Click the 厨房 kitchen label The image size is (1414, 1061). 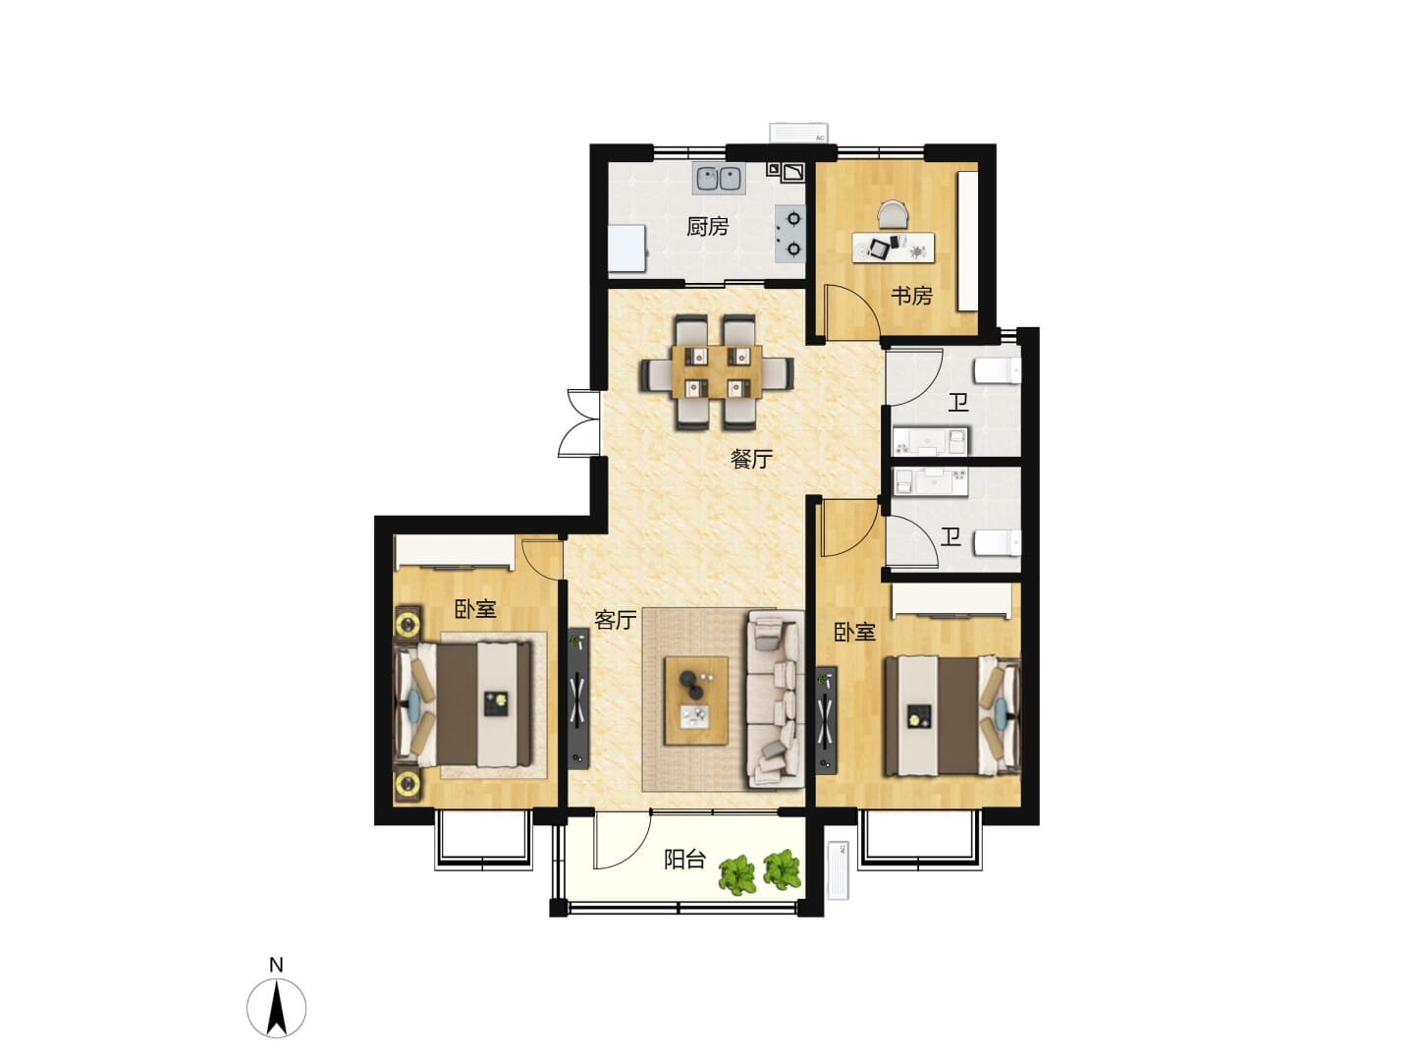pos(707,226)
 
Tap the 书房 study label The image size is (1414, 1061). pos(911,296)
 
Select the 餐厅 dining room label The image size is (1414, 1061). pos(750,460)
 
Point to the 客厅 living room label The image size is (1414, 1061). pos(616,620)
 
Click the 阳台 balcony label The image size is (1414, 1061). pos(684,860)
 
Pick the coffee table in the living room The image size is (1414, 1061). pos(696,700)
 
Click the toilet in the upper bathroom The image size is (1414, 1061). pos(998,371)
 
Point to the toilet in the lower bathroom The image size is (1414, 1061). pos(998,541)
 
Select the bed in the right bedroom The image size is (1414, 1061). pos(952,715)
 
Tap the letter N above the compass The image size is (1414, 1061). pos(276,965)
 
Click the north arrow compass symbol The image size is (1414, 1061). pos(276,1008)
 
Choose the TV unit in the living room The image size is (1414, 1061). pos(578,698)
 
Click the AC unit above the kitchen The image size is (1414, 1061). pos(798,132)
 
